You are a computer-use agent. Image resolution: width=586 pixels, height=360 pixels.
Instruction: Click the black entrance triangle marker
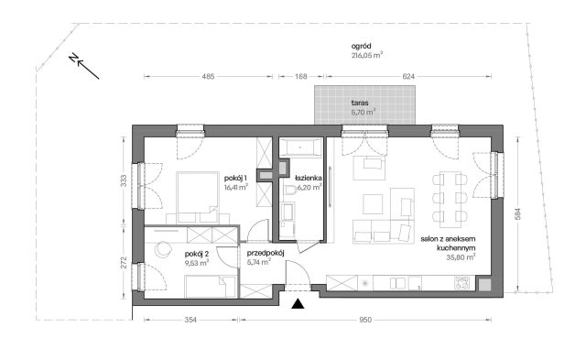(298, 304)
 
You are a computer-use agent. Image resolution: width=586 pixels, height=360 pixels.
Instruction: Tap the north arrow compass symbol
(84, 67)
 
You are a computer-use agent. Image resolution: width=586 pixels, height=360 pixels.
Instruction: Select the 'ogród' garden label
(361, 47)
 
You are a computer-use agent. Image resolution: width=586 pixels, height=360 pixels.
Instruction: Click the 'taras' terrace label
(360, 103)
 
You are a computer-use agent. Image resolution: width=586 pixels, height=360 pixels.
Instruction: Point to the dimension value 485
(208, 77)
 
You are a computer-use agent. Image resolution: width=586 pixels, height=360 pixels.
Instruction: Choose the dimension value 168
(301, 77)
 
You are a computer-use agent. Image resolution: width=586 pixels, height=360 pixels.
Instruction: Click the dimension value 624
(408, 77)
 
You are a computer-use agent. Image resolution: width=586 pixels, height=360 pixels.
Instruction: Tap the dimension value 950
(365, 320)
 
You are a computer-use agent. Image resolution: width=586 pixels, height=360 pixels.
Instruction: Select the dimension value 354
(190, 320)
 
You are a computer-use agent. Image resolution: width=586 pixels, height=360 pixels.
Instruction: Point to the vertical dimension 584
(517, 213)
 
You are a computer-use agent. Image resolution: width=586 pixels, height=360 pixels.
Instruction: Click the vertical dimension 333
(124, 181)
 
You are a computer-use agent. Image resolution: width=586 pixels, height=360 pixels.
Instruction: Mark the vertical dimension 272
(124, 262)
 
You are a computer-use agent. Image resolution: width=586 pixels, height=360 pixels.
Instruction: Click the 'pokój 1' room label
(236, 178)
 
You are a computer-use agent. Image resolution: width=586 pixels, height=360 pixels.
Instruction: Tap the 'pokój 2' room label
(197, 255)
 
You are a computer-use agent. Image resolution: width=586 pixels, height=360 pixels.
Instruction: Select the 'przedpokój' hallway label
(266, 253)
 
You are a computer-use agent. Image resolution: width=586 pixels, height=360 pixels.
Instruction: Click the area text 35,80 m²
(461, 257)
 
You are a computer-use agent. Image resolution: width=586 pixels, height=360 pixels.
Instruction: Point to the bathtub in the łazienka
(301, 147)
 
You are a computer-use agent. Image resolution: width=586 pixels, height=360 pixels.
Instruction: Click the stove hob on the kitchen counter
(461, 283)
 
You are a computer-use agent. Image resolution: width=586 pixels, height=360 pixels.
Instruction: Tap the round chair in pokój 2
(163, 249)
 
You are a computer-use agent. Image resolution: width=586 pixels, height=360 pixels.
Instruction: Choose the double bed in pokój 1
(198, 197)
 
